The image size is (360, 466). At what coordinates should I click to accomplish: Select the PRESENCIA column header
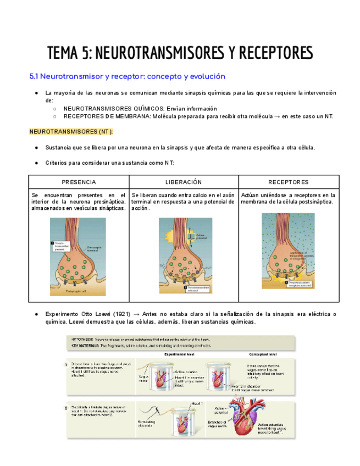tap(79, 182)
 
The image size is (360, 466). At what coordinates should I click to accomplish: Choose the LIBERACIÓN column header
tap(184, 182)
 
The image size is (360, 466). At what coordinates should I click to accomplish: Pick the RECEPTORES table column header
tap(289, 182)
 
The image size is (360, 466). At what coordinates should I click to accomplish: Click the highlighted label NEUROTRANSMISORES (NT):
tap(71, 132)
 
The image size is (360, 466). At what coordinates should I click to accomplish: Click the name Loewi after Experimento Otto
tap(99, 314)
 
